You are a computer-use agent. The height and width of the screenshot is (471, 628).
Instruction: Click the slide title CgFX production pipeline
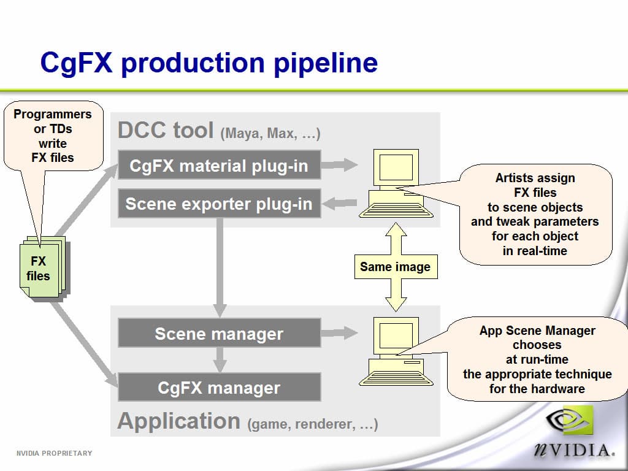209,63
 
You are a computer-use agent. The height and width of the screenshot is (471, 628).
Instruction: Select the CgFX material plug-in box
219,166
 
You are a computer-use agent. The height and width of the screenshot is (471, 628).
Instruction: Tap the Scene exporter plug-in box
219,204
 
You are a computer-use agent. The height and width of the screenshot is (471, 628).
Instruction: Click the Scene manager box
219,334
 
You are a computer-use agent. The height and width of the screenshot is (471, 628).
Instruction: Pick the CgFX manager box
219,388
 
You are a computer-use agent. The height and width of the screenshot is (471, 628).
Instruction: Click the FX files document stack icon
42,269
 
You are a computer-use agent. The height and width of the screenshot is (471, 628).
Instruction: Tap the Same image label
396,267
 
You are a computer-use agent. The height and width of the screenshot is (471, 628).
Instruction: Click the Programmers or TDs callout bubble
53,136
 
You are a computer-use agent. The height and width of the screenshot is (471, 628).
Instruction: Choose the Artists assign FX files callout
535,214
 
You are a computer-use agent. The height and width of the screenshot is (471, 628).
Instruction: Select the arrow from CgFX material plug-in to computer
340,164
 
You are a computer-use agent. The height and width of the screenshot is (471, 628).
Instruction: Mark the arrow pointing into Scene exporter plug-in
340,203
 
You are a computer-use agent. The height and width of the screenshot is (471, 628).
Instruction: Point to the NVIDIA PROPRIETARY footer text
54,453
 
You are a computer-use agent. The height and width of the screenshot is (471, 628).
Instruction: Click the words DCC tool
166,130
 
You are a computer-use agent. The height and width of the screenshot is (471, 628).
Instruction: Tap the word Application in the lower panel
178,421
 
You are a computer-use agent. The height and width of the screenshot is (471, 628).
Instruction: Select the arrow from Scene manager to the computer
340,333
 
